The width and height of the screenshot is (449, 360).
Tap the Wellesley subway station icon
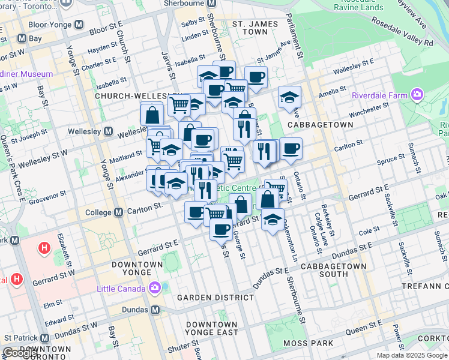[x=109, y=131]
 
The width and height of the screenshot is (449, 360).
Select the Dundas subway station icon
[x=155, y=310]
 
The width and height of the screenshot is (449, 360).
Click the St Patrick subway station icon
[x=45, y=338]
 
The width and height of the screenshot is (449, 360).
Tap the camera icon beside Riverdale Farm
[x=417, y=95]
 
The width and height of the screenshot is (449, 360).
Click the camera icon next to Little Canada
[x=155, y=289]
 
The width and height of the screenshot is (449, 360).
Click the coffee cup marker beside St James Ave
[x=256, y=77]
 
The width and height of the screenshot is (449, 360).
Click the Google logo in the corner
[x=20, y=353]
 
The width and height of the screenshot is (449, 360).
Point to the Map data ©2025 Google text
[x=411, y=355]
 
